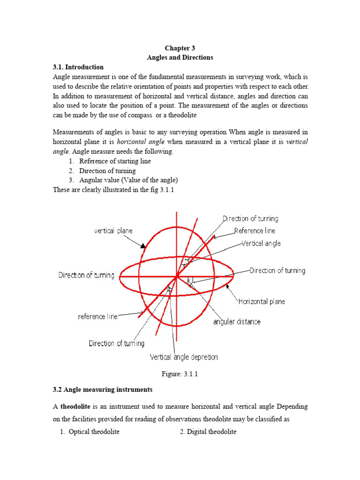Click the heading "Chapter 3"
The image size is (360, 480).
(x=180, y=48)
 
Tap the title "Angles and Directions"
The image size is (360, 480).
(x=180, y=58)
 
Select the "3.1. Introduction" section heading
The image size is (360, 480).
(x=78, y=67)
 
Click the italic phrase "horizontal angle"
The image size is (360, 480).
(x=139, y=142)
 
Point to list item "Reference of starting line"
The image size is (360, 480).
(x=115, y=161)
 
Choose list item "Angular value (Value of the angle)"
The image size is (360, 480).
(x=128, y=180)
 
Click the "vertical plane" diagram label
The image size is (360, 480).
(x=113, y=231)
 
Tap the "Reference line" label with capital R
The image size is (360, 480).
(x=255, y=231)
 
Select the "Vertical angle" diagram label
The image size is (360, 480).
(x=261, y=243)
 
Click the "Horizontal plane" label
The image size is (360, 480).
(x=262, y=301)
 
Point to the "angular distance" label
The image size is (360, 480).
(x=237, y=322)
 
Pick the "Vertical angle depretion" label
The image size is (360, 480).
(x=184, y=357)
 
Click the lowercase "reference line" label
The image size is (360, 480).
(x=97, y=316)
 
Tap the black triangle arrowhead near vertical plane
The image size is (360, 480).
(x=142, y=245)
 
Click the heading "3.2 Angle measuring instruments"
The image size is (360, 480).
(x=102, y=390)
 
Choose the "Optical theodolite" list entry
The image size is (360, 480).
(x=94, y=432)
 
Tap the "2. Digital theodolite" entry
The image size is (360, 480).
(x=208, y=432)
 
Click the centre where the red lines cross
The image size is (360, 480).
(x=177, y=277)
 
